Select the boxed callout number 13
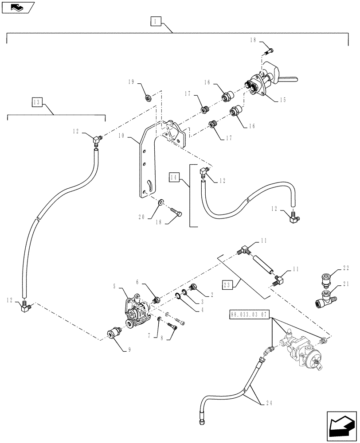point(37,103)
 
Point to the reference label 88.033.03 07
point(249,315)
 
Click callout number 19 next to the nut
point(131,82)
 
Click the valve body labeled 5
point(136,310)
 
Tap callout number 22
point(346,268)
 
